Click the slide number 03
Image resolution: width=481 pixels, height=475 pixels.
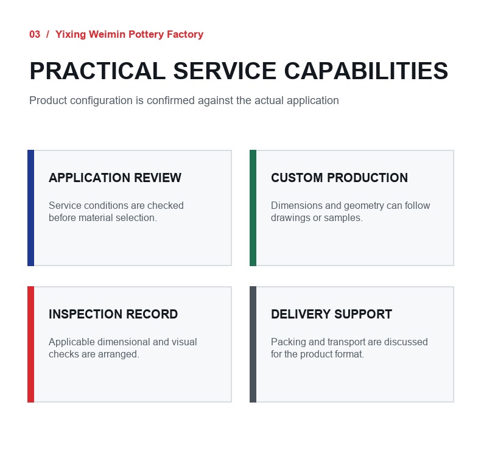pos(35,34)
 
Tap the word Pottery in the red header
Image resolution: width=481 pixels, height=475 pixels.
pos(146,34)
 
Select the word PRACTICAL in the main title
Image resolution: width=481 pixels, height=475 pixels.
pos(97,71)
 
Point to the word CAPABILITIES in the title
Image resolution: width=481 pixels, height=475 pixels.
pos(366,71)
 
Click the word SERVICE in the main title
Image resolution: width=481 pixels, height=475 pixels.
pos(225,71)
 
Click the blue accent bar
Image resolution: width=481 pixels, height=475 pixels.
pos(30,208)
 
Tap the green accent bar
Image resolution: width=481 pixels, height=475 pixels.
pos(253,208)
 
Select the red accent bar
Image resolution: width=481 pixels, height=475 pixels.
pos(30,344)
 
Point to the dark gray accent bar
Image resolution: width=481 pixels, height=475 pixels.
pos(253,344)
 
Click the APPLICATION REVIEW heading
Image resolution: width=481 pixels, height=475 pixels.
pos(115,178)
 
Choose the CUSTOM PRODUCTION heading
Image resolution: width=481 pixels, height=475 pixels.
pos(339,178)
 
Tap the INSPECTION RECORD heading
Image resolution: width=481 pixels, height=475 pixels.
pos(113,314)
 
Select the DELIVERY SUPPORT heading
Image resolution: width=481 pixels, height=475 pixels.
pos(331,314)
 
